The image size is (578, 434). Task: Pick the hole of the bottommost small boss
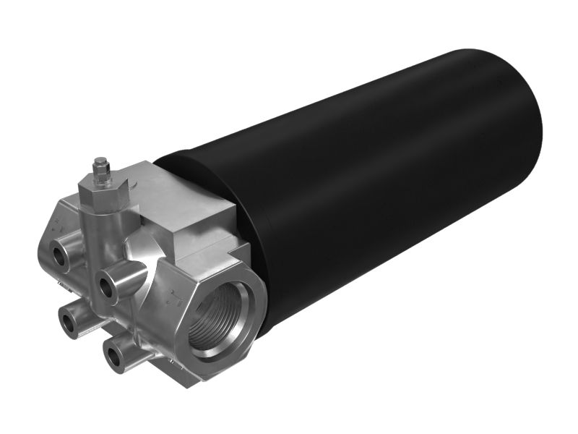click(x=113, y=355)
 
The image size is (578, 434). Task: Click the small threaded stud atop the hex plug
click(x=100, y=168)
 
